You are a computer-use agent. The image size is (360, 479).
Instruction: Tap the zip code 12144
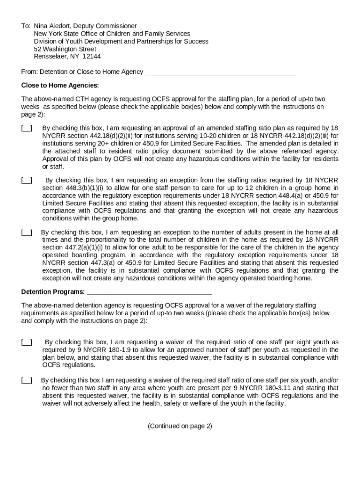pos(92,57)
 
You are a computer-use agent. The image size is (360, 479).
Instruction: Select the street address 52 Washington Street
pos(65,49)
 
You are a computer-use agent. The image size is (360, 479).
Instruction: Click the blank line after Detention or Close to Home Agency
pos(220,72)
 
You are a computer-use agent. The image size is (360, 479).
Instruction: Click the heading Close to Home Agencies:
pos(60,86)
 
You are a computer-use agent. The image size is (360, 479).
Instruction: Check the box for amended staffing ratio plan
pos(27,128)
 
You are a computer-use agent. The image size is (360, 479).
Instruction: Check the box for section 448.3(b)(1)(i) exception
pos(27,181)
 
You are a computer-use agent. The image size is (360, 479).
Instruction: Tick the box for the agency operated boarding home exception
pos(27,232)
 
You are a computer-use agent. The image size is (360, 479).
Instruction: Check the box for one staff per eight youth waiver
pos(27,342)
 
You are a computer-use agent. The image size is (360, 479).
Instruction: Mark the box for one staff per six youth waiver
pos(27,381)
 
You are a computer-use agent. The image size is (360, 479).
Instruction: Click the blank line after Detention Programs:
pos(149,292)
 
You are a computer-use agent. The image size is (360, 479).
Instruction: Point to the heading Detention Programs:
pos(53,292)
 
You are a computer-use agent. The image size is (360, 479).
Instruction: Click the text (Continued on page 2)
pos(180,426)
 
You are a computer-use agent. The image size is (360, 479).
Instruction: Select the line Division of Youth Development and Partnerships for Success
pos(121,41)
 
